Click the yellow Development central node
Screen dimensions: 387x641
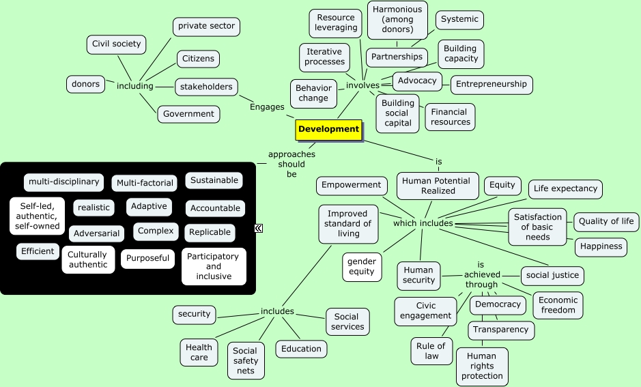coord(328,130)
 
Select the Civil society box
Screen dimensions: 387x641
coord(116,44)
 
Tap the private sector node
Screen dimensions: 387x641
coord(206,27)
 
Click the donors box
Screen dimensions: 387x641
coord(85,85)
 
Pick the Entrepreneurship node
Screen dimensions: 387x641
coord(492,85)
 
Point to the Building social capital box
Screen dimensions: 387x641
coord(397,113)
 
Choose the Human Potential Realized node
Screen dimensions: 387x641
coord(437,186)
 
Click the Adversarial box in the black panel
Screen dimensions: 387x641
coord(96,233)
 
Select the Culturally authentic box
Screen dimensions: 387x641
coord(88,259)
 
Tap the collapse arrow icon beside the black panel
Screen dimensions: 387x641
coord(259,229)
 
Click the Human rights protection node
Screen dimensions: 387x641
coord(482,367)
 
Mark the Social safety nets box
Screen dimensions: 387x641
coord(246,361)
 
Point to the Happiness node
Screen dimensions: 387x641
coord(601,247)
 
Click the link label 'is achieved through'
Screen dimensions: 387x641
coord(481,274)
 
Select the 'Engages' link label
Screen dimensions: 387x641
coord(267,107)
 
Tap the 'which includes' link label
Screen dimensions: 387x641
coord(423,224)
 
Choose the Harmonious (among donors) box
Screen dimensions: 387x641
coord(397,20)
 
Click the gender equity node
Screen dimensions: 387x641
coord(362,267)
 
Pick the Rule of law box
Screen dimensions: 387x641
coord(431,351)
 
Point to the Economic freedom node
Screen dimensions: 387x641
coord(558,305)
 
